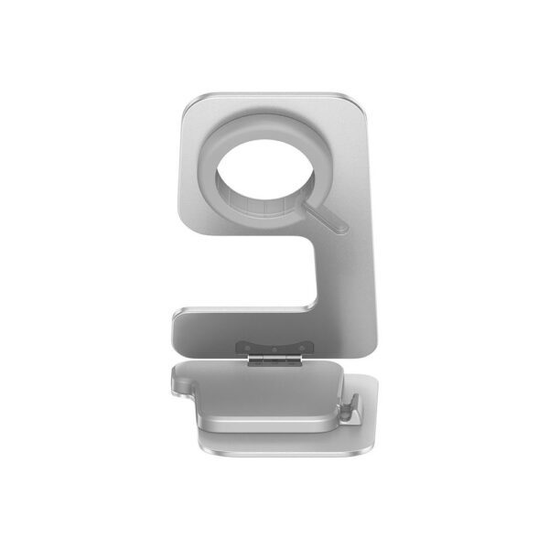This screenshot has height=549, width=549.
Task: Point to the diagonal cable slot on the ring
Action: point(326,213)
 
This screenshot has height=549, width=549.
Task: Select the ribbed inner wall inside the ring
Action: point(265,209)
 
